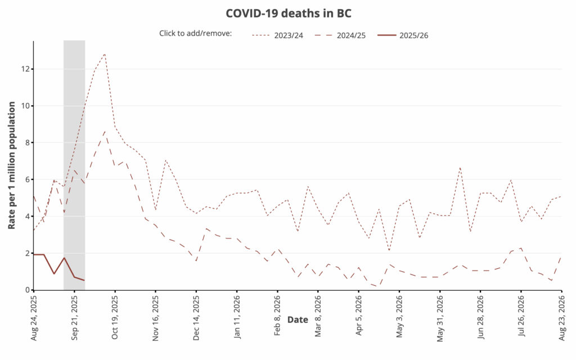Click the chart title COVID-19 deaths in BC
pyautogui.click(x=288, y=13)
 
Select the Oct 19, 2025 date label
pyautogui.click(x=115, y=318)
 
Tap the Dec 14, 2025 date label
pyautogui.click(x=196, y=318)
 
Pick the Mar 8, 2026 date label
pyautogui.click(x=318, y=317)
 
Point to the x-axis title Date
pyautogui.click(x=298, y=319)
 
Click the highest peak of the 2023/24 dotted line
pyautogui.click(x=105, y=53)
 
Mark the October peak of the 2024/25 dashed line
pyautogui.click(x=105, y=130)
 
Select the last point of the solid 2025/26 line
pyautogui.click(x=84, y=280)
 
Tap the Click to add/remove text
pyautogui.click(x=195, y=34)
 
